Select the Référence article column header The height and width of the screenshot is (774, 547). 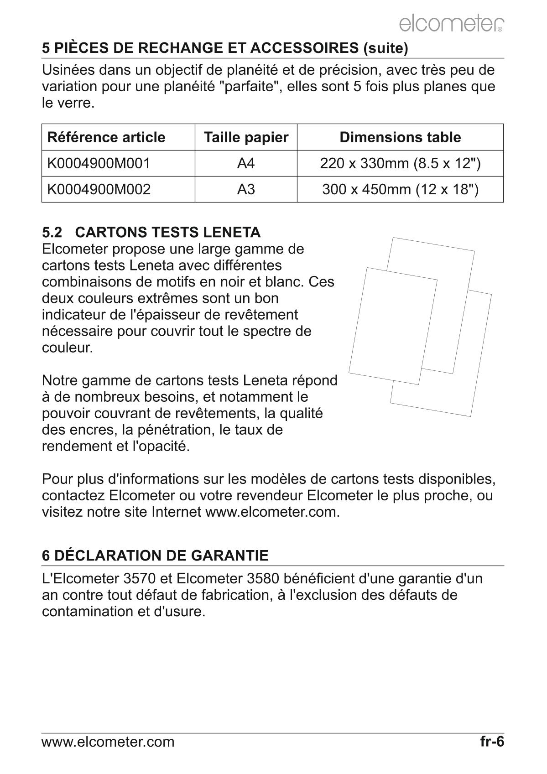click(106, 137)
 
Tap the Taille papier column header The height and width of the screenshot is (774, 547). click(246, 137)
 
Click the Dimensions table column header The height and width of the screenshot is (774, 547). click(400, 137)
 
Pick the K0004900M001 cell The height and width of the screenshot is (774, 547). click(99, 163)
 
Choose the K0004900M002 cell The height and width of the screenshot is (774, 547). click(99, 189)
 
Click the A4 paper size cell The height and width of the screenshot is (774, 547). click(246, 163)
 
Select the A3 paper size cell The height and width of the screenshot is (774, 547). click(246, 189)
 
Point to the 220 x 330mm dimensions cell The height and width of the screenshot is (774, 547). click(400, 163)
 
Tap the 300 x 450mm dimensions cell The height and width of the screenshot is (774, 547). click(400, 189)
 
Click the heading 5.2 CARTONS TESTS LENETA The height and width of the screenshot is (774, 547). click(151, 232)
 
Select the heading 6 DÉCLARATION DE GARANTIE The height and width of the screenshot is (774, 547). click(155, 556)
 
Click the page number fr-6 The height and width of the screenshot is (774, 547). click(492, 742)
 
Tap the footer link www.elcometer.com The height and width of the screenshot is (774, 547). click(108, 742)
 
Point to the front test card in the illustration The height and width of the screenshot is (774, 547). click(392, 326)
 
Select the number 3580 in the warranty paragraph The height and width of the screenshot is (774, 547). click(263, 579)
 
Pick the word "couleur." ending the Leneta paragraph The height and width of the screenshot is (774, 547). click(68, 348)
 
